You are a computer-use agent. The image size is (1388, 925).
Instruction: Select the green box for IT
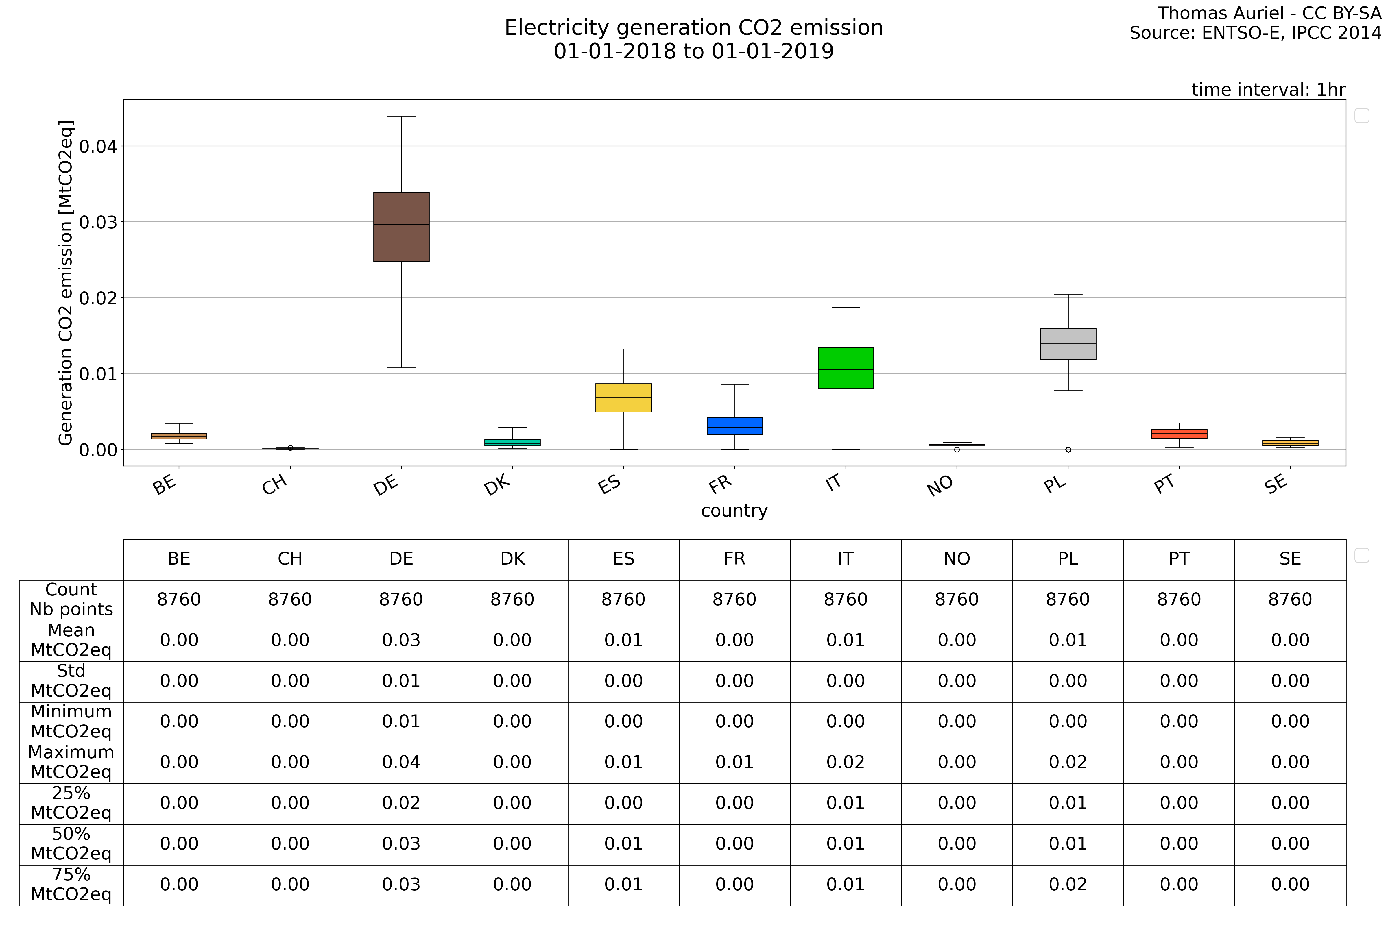coord(846,368)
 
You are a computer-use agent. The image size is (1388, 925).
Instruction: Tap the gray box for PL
coord(1068,344)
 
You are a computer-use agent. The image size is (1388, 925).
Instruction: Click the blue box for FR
coord(735,426)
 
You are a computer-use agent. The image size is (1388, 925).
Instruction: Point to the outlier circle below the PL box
coord(1068,449)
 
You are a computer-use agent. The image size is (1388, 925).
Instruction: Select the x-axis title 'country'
coord(734,511)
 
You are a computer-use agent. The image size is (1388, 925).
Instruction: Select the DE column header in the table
coord(401,559)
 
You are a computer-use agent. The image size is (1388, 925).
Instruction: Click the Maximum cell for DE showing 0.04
coord(401,762)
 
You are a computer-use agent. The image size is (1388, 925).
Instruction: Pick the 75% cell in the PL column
coord(1068,884)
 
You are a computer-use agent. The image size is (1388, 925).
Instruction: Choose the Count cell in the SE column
coord(1290,599)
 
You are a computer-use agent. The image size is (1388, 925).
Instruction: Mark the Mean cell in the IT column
coord(846,640)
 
